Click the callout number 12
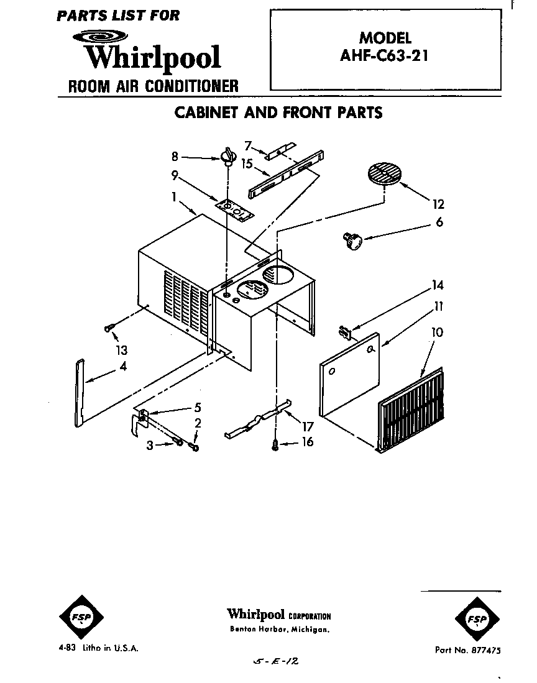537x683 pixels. (439, 204)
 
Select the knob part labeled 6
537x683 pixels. (352, 241)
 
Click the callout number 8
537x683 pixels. (175, 157)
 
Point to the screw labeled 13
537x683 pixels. (110, 329)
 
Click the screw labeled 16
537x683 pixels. (275, 444)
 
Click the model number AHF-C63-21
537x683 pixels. (385, 55)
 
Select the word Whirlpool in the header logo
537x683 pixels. (153, 57)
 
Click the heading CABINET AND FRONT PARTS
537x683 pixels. (278, 112)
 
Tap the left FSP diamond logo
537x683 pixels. (81, 617)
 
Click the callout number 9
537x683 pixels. (175, 175)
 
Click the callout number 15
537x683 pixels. (246, 165)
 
